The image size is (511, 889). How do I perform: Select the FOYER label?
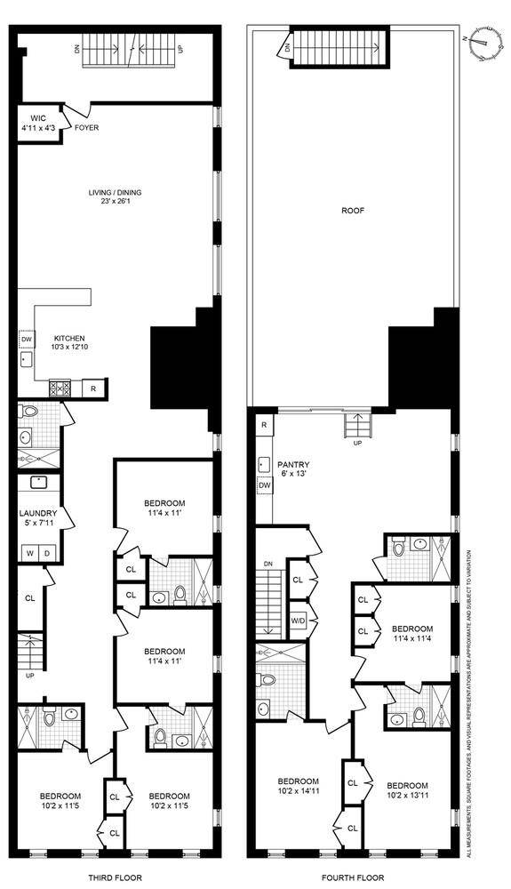coord(87,128)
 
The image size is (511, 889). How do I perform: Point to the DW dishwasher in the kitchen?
coord(26,339)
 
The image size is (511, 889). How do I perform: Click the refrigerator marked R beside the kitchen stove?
coord(94,388)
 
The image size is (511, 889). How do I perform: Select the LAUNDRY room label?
coord(38,518)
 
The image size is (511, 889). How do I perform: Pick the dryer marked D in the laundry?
coord(48,553)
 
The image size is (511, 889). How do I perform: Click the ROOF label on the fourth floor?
coord(353,212)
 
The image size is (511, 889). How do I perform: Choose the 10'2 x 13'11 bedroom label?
coord(407,792)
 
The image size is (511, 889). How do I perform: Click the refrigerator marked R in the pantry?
coord(264,425)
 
